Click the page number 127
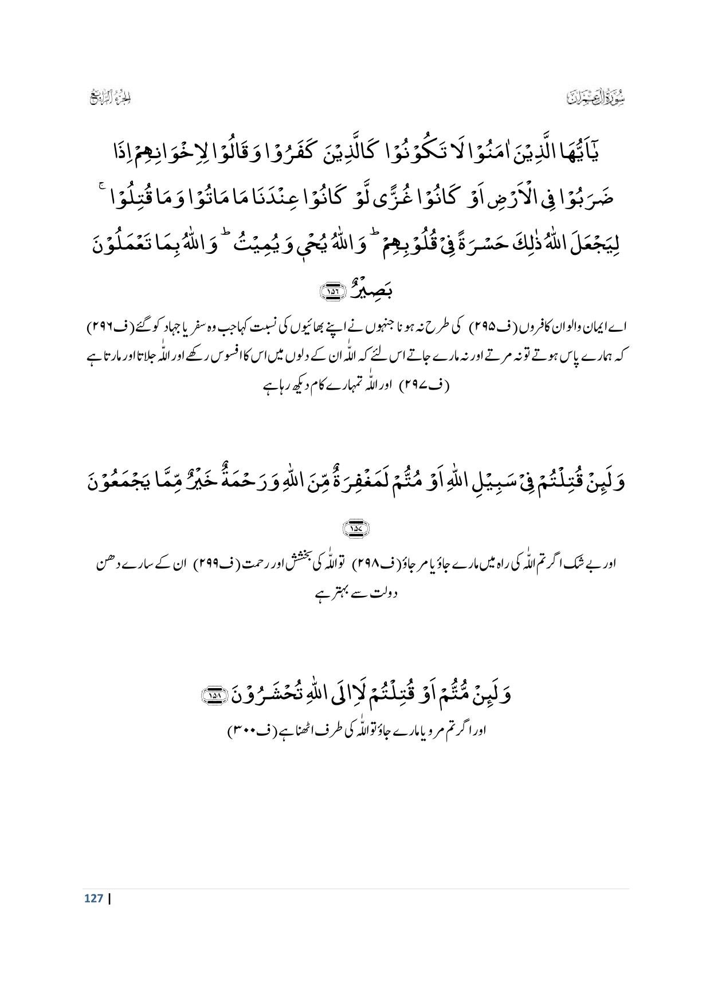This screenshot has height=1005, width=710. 93,898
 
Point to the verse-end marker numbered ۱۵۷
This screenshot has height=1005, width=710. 356,528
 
